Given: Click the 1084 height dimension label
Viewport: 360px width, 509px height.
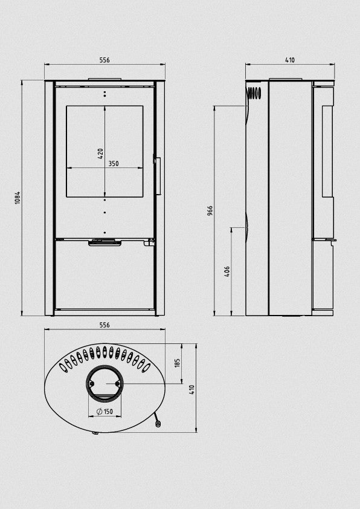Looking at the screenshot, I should tap(18, 198).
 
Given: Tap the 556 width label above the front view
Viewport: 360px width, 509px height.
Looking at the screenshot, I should tap(104, 60).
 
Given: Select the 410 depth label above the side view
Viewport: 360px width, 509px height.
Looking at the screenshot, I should tap(289, 60).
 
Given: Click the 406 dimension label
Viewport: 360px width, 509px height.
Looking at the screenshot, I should tap(227, 271).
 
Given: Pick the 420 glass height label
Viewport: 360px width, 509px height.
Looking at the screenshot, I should tap(101, 154).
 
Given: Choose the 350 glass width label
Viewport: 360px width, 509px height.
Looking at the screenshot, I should tap(113, 164).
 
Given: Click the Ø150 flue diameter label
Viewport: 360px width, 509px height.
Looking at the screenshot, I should tap(105, 412).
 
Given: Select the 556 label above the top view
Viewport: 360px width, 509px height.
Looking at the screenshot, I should tap(104, 325).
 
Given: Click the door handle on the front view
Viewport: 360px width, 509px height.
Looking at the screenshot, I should tap(158, 175).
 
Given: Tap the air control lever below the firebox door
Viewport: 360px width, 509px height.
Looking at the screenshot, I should tap(104, 243).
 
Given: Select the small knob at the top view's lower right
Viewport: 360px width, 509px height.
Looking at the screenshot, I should tap(158, 424).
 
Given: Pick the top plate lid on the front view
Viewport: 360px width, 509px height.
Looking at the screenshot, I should tap(104, 78).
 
